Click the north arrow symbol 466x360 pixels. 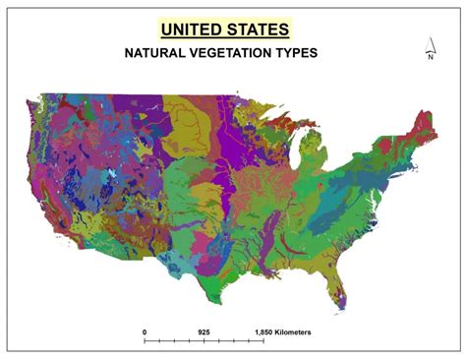[430, 44]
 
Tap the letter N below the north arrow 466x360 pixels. [430, 57]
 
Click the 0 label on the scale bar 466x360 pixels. [145, 331]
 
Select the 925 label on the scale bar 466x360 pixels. [204, 331]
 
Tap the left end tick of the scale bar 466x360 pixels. [145, 341]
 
